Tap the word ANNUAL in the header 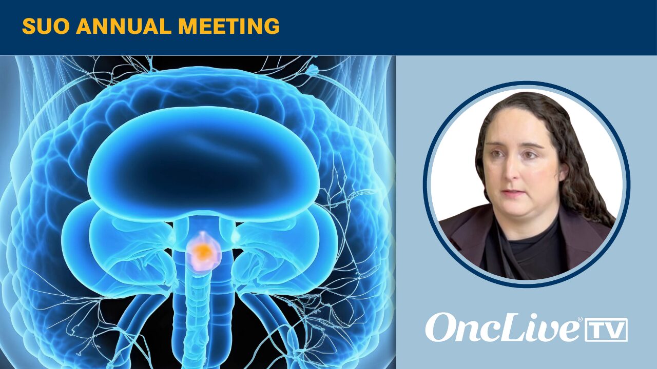coord(124,26)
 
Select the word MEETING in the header coord(229,26)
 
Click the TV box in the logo coord(606,330)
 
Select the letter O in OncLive coord(440,327)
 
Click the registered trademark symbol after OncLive coord(580,319)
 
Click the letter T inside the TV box coord(598,330)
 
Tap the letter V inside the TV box coord(615,330)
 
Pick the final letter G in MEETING coord(272,26)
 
